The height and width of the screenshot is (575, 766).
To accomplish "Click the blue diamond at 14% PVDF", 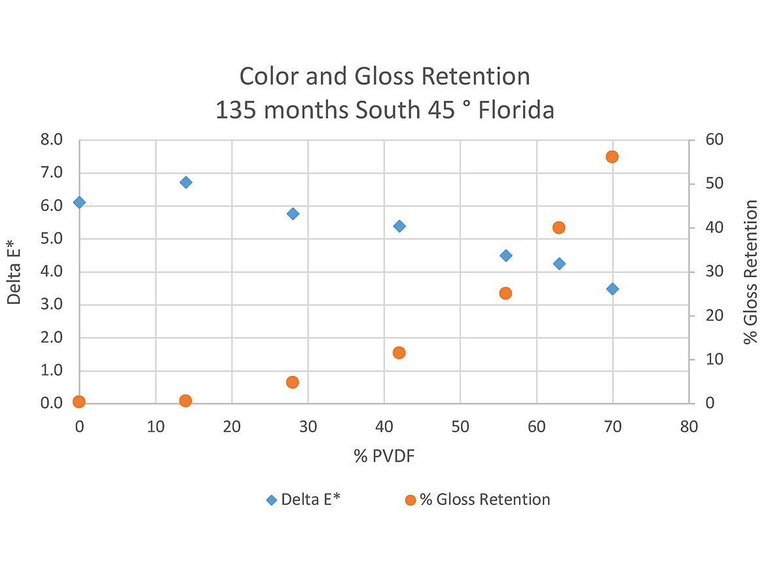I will [186, 182].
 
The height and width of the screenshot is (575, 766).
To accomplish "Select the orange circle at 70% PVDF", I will [612, 157].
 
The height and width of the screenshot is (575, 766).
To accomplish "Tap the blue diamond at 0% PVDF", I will [79, 202].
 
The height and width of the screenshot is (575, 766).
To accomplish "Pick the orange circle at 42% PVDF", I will [399, 352].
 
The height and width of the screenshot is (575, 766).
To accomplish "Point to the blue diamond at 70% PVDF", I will [612, 289].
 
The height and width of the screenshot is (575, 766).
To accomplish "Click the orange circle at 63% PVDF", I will [558, 227].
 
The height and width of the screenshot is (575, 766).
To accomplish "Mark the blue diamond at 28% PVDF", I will [293, 213].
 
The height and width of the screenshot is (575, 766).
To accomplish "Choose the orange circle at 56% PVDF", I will [505, 293].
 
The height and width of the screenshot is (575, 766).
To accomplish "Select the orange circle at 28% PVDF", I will [293, 382].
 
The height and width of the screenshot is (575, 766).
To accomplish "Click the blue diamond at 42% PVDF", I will [399, 226].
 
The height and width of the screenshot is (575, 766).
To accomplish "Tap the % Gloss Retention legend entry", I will [477, 500].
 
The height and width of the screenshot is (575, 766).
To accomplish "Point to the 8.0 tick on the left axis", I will [52, 139].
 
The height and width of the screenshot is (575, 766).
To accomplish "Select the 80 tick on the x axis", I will [689, 426].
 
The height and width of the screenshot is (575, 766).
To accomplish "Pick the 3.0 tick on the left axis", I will [52, 305].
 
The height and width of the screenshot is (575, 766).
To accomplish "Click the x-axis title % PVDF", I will [384, 456].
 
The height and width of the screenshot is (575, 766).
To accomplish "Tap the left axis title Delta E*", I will [14, 271].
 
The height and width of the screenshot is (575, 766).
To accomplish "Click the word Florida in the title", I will [517, 110].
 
